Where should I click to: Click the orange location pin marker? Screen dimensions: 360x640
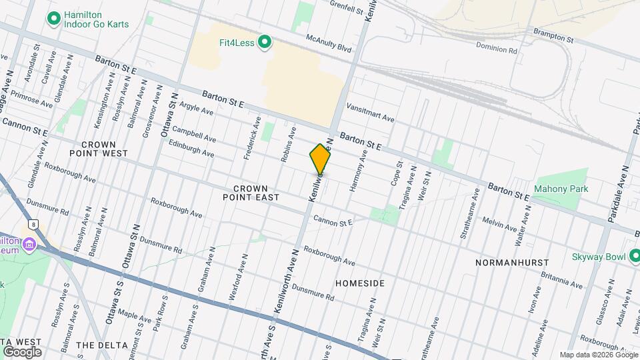(x=321, y=159)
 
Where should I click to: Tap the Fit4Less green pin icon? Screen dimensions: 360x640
(x=265, y=43)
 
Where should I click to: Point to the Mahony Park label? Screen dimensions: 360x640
(x=561, y=189)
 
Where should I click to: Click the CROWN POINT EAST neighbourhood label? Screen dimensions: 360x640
(x=257, y=193)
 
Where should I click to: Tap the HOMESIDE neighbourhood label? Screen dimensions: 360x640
(x=360, y=283)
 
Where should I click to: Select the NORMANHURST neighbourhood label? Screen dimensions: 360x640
(x=512, y=263)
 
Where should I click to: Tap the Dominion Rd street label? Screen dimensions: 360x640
(x=497, y=48)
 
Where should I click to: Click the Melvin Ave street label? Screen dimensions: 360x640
(x=499, y=225)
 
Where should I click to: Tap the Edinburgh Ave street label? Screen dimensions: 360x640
(x=191, y=148)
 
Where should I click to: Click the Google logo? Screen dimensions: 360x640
(x=21, y=351)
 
